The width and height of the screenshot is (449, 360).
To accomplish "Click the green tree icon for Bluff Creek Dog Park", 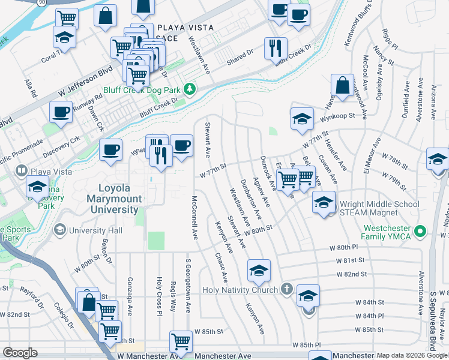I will click(x=190, y=89).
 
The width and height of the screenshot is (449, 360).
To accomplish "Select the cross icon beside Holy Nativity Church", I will click(x=287, y=290).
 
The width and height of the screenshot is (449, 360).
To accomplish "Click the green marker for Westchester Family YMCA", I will click(x=421, y=230).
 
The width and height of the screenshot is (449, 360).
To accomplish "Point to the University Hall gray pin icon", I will click(x=59, y=230).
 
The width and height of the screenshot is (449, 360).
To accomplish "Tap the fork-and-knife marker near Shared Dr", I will click(x=276, y=48).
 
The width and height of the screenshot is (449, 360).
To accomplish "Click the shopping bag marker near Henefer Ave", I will click(x=342, y=85).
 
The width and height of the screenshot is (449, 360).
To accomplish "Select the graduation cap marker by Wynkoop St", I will click(x=302, y=118).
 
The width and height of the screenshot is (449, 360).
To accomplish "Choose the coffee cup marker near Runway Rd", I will click(x=60, y=112).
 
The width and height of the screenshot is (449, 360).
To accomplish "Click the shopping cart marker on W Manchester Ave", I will click(x=181, y=341).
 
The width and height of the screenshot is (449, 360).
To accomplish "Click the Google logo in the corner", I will click(x=20, y=353).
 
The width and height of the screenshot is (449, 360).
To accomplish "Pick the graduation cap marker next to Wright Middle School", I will click(x=324, y=202).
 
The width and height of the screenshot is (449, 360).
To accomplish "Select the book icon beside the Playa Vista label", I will click(x=22, y=171).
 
